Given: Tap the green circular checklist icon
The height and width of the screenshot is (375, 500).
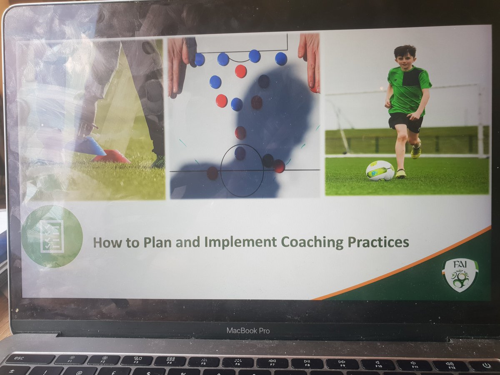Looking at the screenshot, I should pyautogui.click(x=52, y=236).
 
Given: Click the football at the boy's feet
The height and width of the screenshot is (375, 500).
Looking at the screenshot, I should pyautogui.click(x=380, y=170).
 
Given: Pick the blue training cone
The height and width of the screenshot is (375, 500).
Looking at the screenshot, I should pyautogui.click(x=87, y=145).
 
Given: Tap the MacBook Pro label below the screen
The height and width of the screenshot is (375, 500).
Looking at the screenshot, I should pyautogui.click(x=248, y=330).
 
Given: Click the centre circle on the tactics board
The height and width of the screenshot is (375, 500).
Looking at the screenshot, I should pyautogui.click(x=242, y=170).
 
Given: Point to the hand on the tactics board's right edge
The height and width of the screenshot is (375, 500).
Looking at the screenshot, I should pyautogui.click(x=309, y=60).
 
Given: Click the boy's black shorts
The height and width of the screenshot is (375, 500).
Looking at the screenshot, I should pyautogui.click(x=405, y=122).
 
